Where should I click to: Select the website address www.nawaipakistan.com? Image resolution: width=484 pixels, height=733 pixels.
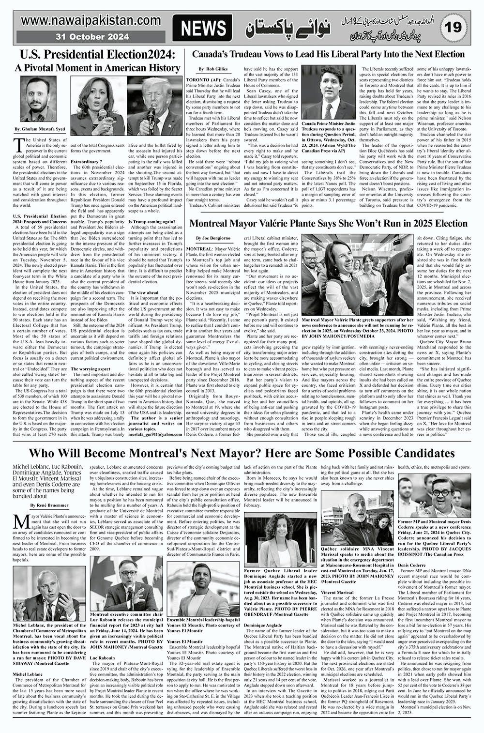(x=86, y=21)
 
